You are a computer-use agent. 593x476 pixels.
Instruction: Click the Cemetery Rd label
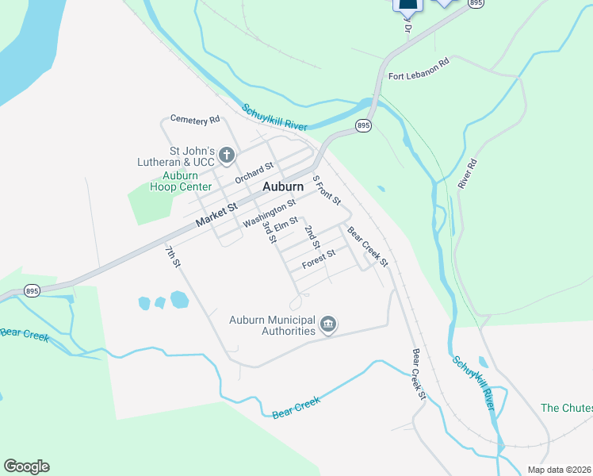tap(194, 121)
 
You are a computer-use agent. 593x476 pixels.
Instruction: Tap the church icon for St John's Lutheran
tap(227, 155)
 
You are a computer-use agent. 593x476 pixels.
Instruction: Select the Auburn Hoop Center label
tap(181, 181)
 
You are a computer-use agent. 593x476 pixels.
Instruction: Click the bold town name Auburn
tap(282, 186)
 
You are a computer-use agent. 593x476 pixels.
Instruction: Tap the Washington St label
tap(270, 212)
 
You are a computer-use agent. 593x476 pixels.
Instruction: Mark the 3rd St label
tap(268, 232)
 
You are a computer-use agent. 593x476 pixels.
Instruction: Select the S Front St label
tap(326, 190)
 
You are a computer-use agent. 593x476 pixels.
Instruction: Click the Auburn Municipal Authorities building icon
tap(328, 324)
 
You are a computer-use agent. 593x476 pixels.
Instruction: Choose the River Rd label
tap(467, 173)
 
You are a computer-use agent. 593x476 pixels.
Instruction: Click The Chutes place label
tap(566, 408)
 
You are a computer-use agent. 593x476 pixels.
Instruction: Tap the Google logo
tap(26, 466)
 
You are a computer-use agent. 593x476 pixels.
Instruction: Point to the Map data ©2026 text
tap(559, 470)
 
